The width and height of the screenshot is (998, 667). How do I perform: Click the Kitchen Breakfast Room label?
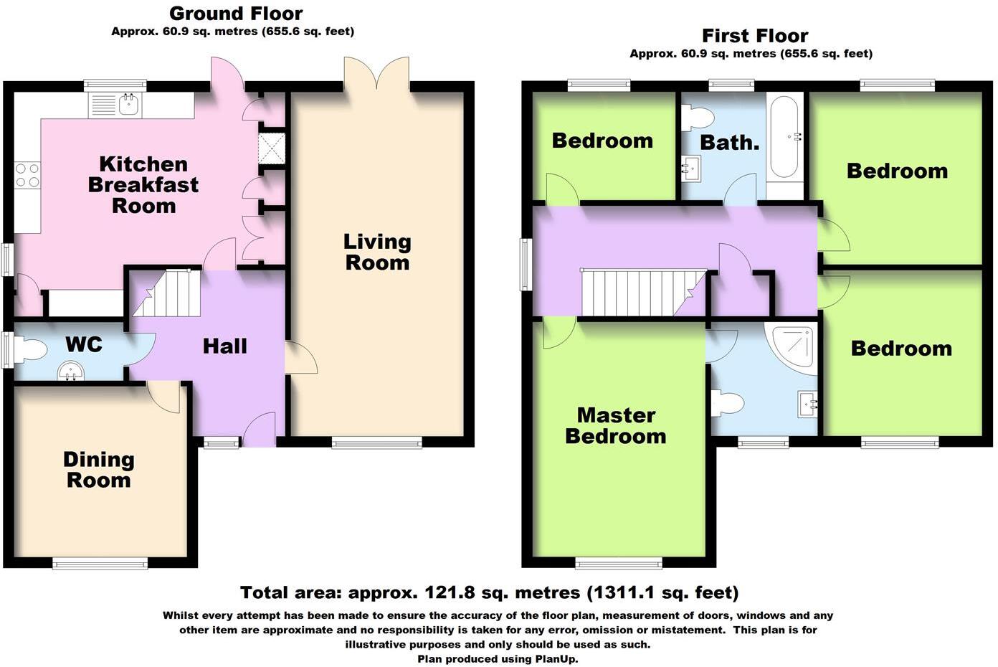(x=143, y=185)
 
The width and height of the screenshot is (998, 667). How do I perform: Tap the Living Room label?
(x=377, y=252)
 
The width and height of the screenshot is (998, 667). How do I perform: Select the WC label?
(x=84, y=344)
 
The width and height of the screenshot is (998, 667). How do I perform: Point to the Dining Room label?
(x=99, y=470)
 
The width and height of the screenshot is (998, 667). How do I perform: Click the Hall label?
(x=224, y=346)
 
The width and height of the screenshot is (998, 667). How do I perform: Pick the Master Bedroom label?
(x=616, y=425)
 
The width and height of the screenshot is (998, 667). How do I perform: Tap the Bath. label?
(x=729, y=142)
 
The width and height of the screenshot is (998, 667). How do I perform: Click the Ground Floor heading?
(x=236, y=13)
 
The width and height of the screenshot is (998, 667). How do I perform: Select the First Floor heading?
(x=755, y=35)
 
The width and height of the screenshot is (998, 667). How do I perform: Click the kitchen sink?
(x=129, y=105)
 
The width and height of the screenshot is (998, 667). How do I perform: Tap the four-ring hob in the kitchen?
(x=27, y=175)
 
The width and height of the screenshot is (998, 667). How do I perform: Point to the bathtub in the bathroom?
(x=785, y=138)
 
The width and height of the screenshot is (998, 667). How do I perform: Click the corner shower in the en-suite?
(x=793, y=349)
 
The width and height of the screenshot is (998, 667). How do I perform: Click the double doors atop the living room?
(x=376, y=74)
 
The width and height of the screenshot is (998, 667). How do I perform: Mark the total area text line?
(x=489, y=592)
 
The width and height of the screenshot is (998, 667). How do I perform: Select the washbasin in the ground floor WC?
(x=70, y=371)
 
